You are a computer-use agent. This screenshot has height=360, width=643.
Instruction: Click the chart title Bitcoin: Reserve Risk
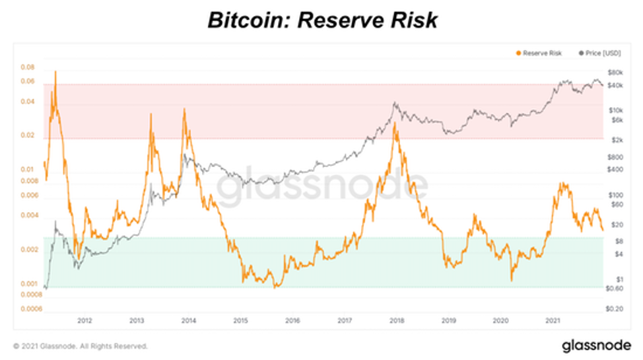(322, 20)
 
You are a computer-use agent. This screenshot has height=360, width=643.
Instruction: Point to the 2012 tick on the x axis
(85, 321)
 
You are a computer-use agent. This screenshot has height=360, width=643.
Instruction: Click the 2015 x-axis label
(240, 321)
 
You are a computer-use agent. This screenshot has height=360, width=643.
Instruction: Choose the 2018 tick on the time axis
(397, 321)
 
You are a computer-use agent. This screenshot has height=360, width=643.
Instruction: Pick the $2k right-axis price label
(617, 140)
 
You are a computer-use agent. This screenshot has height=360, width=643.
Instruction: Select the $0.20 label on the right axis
(615, 308)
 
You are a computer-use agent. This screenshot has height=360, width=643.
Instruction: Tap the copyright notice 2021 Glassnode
(81, 345)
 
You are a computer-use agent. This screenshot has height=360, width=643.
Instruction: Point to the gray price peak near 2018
(394, 103)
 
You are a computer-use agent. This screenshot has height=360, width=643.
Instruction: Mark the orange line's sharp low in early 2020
(511, 281)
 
